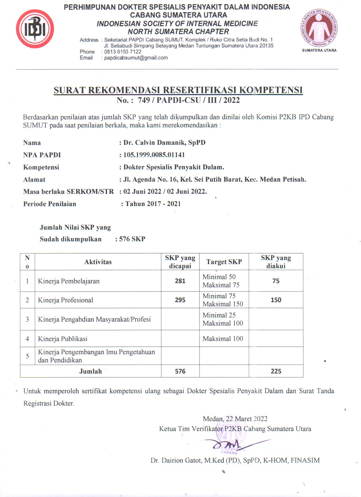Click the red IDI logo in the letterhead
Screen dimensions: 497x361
[x=35, y=29]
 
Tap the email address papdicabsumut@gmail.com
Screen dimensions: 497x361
[x=136, y=58]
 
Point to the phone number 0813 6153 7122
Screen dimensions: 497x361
[x=123, y=52]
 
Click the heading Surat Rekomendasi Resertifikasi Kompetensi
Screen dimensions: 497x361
[x=178, y=90]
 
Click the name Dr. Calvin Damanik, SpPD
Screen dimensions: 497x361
[x=164, y=143]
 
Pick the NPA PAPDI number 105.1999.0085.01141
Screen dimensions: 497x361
[x=154, y=155]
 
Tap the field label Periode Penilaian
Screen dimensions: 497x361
[x=50, y=204]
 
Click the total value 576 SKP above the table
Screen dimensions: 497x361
[x=132, y=239]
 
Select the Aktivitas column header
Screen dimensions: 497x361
[x=98, y=262]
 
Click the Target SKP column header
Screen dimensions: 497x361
[x=224, y=262]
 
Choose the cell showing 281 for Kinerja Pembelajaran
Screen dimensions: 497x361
[x=180, y=281]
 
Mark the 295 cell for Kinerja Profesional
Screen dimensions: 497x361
[x=180, y=300]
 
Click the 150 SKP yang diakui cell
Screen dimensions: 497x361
[x=276, y=300]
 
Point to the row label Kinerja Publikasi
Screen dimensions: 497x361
[x=63, y=339]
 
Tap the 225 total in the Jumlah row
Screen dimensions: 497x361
[x=276, y=371]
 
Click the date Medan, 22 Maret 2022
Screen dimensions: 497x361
[x=235, y=419]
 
